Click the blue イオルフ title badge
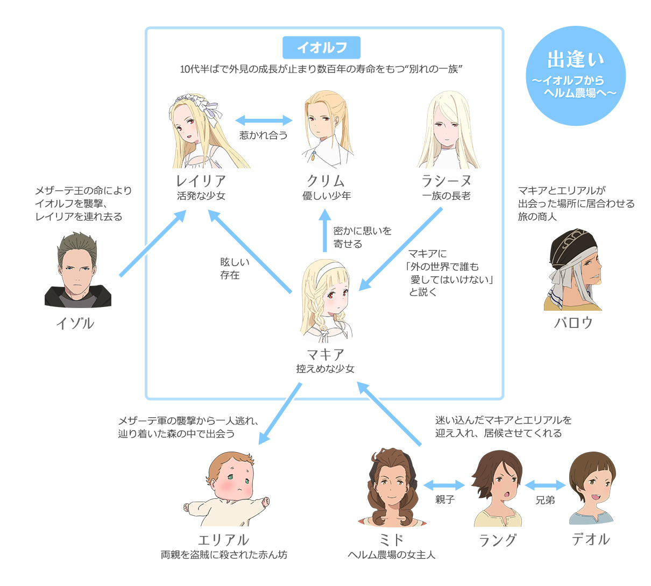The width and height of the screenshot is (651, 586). point(322,48)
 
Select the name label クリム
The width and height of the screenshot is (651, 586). point(326,181)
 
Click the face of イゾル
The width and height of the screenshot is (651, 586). point(77,271)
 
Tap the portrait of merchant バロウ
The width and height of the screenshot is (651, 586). point(574,271)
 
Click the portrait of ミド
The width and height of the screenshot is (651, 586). point(392,489)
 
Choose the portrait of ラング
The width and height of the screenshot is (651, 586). point(498,489)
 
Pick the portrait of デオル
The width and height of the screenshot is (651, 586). point(591,489)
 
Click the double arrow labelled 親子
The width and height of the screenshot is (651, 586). point(444,485)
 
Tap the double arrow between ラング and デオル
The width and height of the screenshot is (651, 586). point(545,485)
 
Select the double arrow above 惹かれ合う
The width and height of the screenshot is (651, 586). point(264,120)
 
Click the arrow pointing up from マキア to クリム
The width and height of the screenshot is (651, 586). point(324,231)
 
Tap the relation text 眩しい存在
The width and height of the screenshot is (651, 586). point(235,269)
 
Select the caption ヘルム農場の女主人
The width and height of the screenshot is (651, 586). point(392,555)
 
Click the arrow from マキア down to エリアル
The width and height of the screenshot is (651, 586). point(280,414)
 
